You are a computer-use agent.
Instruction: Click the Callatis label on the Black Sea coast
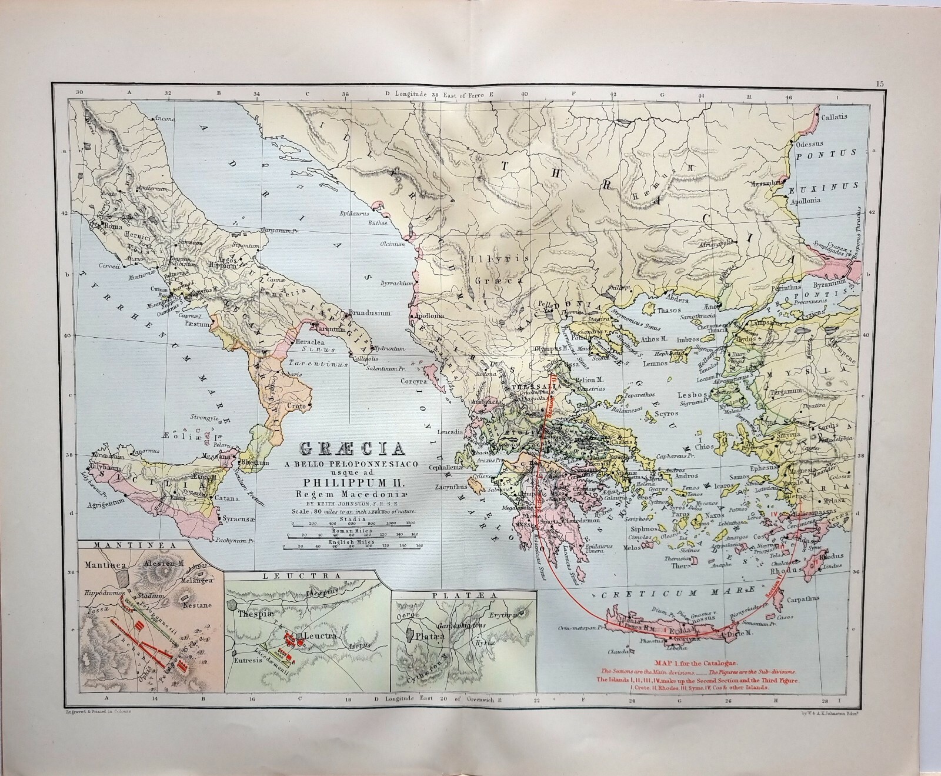(835, 116)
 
